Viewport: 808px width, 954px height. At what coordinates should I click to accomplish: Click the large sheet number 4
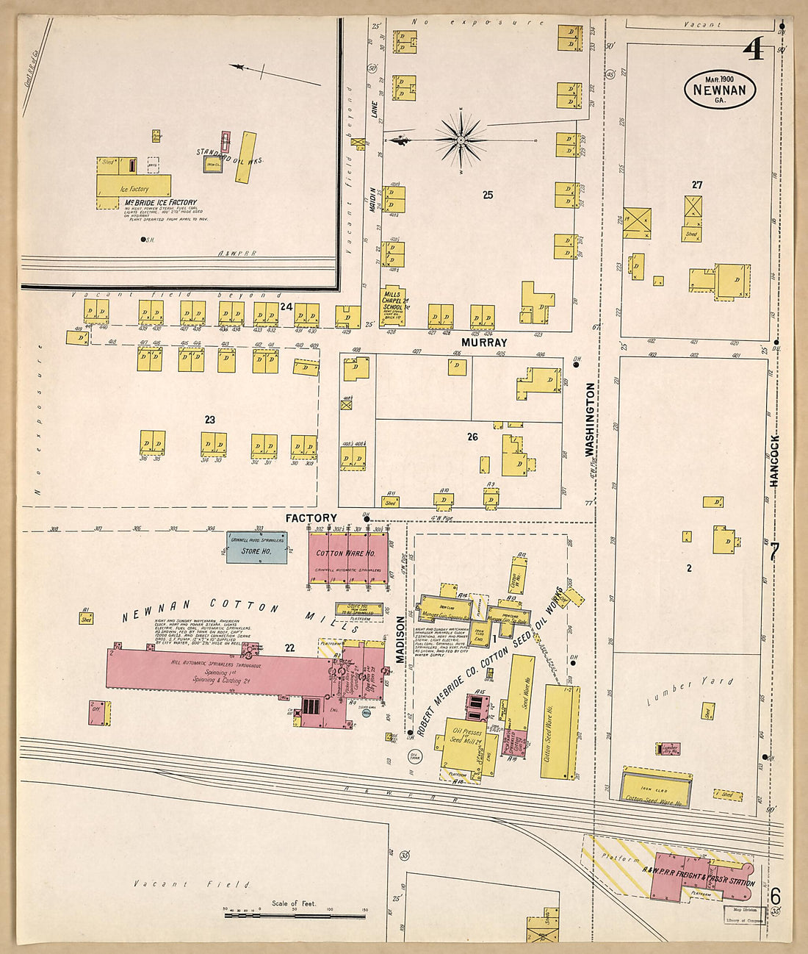(754, 49)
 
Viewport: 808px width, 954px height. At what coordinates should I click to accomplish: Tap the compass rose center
(461, 138)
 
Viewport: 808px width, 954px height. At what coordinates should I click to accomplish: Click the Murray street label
(484, 342)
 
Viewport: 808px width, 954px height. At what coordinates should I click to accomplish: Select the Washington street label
(590, 419)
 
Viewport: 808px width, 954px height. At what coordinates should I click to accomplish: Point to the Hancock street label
(773, 460)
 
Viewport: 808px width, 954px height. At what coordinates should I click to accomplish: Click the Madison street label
(401, 639)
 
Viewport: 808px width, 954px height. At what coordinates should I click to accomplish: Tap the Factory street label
(311, 518)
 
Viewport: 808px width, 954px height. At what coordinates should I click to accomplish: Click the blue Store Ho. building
(256, 548)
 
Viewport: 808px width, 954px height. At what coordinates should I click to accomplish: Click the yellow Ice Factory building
(134, 187)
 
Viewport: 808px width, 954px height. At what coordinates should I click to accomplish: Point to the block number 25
(487, 195)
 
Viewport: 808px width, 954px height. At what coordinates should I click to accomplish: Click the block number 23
(210, 420)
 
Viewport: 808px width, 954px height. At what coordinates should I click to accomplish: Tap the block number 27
(696, 184)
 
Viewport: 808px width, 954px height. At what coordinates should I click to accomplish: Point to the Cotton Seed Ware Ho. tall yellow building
(560, 731)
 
